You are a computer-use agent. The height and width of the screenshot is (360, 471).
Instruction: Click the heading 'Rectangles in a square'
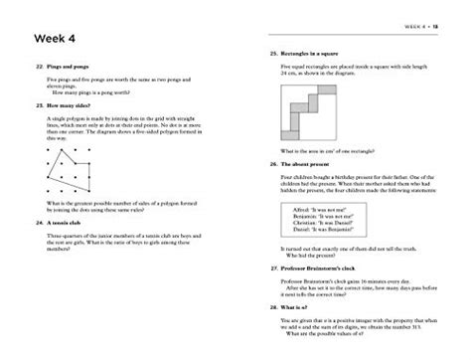coord(304,52)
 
